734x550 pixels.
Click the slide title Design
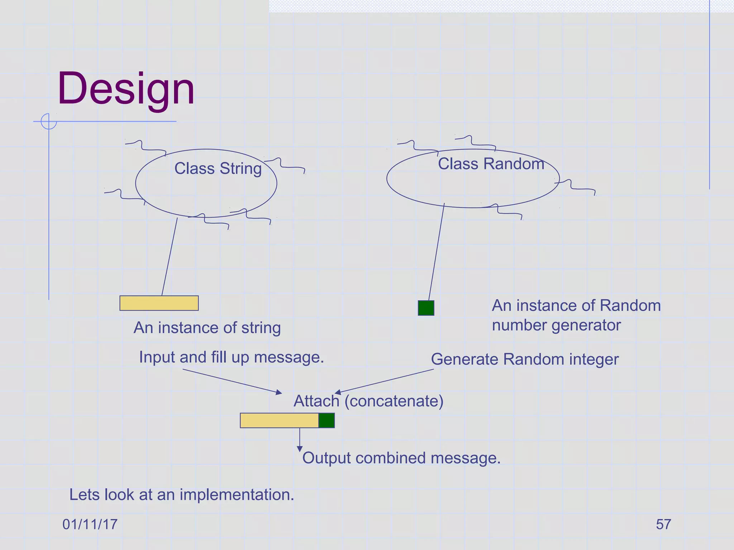click(126, 89)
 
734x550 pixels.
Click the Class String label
click(218, 169)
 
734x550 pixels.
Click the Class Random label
click(491, 164)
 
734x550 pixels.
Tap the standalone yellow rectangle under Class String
click(159, 303)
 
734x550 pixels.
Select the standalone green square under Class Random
click(426, 308)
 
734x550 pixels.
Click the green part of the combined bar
click(327, 420)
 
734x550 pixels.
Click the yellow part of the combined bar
click(279, 420)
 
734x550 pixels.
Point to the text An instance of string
click(207, 328)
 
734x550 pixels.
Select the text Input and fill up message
click(232, 357)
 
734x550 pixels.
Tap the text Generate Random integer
click(525, 360)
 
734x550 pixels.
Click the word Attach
click(316, 401)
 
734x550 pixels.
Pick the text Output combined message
click(401, 458)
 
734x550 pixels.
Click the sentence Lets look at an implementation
click(182, 495)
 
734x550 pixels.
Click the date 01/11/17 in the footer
click(90, 525)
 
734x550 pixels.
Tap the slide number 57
click(663, 525)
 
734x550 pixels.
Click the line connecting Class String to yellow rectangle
click(170, 257)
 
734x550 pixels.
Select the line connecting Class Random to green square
click(437, 252)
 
